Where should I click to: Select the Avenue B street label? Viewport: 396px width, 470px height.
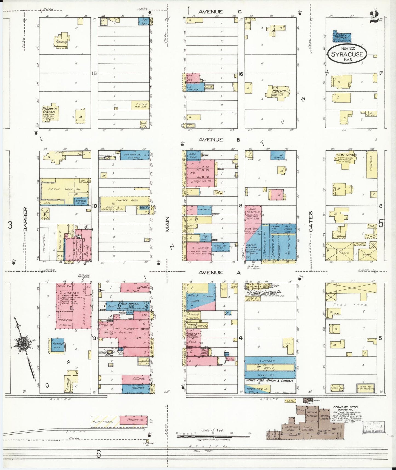(219, 140)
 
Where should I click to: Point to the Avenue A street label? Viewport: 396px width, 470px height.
(219, 272)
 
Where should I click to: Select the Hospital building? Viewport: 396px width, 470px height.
(279, 92)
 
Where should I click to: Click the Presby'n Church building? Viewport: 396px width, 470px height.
(50, 113)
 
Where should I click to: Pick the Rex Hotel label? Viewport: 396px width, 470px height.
(130, 304)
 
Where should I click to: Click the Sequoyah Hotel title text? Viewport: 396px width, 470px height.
(346, 407)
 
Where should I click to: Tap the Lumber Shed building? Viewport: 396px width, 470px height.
(125, 201)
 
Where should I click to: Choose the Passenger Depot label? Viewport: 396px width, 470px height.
(291, 429)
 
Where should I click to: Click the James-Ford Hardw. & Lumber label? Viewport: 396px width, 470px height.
(270, 381)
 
